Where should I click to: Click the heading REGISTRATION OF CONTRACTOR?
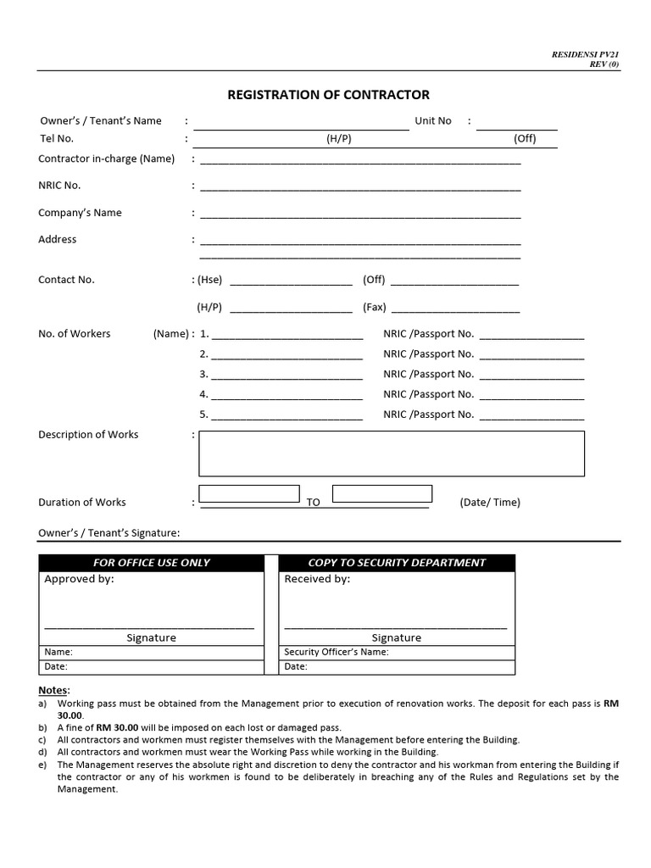[x=328, y=95]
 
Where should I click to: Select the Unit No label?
[x=432, y=120]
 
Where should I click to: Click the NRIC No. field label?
[x=59, y=186]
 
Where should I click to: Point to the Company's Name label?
[x=80, y=213]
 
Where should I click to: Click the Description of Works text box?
[x=391, y=453]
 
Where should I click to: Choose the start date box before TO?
[x=248, y=493]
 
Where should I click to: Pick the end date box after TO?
[x=382, y=493]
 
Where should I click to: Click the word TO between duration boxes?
[x=313, y=503]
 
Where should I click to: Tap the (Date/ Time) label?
[x=490, y=503]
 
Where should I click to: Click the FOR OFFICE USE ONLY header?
[x=151, y=563]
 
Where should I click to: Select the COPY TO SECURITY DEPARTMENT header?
[x=396, y=563]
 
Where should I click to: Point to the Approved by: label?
[x=79, y=580]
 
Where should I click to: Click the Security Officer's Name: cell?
[x=337, y=653]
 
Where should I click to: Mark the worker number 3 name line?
[x=287, y=375]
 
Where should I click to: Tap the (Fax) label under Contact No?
[x=374, y=307]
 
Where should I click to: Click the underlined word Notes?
[x=53, y=690]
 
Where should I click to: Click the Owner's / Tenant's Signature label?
[x=108, y=533]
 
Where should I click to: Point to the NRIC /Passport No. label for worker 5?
[x=428, y=415]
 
